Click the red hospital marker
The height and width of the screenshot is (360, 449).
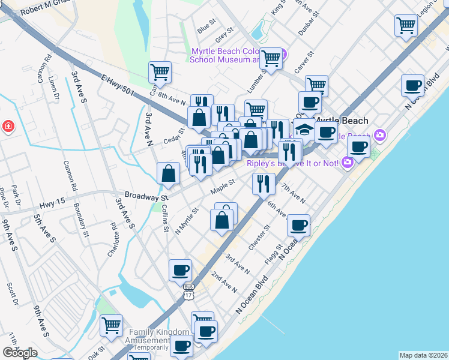tap(8, 127)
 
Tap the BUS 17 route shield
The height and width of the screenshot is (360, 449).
tap(188, 292)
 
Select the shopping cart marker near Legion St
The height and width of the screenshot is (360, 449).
tap(406, 26)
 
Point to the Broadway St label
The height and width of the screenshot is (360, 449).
tap(146, 196)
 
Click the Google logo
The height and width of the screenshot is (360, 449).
tap(20, 352)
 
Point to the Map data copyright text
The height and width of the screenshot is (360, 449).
tap(423, 355)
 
